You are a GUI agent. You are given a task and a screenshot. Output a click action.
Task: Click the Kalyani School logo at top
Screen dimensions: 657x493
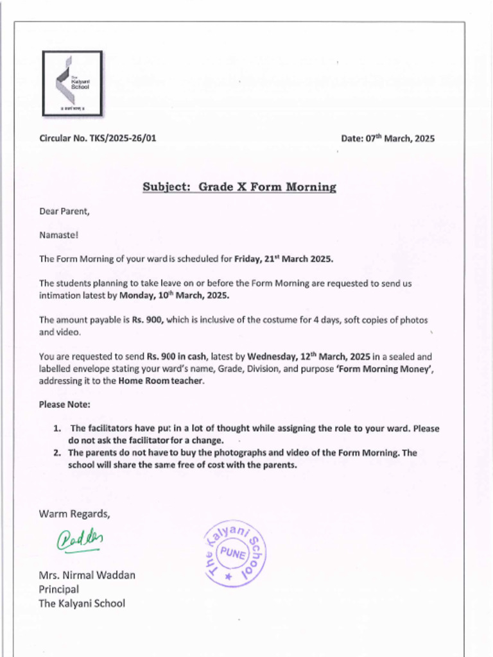[x=72, y=83]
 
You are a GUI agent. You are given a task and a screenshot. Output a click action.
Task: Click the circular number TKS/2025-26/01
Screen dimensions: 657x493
[x=98, y=138]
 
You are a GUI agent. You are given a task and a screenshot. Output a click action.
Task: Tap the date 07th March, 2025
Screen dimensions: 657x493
[x=387, y=138]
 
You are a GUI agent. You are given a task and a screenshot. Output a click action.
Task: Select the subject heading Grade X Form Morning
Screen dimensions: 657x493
[x=239, y=187]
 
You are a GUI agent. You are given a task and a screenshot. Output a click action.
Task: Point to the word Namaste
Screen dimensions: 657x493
[x=58, y=235]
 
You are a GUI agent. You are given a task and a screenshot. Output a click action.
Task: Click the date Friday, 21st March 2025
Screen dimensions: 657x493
[x=284, y=259]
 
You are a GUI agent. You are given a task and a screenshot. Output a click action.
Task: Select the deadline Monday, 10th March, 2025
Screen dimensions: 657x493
[x=174, y=296]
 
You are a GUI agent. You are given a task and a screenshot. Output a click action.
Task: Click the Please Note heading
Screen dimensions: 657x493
[x=64, y=405]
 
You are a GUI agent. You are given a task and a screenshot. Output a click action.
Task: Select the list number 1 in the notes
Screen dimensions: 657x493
[x=56, y=429]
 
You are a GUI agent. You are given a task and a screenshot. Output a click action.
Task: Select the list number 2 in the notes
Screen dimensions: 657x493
[x=56, y=453]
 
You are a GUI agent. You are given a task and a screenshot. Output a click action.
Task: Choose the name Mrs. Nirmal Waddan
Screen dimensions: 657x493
[x=87, y=575]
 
